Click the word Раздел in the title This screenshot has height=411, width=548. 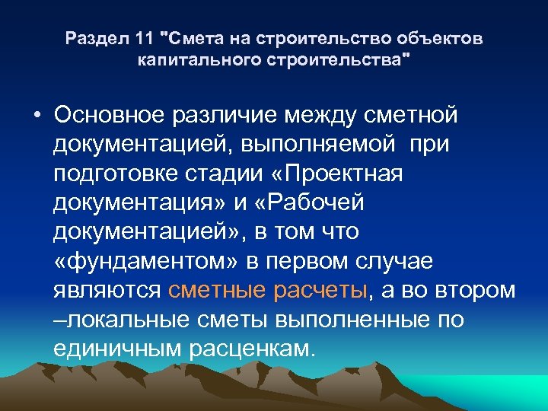click(x=91, y=38)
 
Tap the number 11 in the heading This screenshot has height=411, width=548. click(x=142, y=38)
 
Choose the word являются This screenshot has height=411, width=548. click(x=107, y=290)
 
